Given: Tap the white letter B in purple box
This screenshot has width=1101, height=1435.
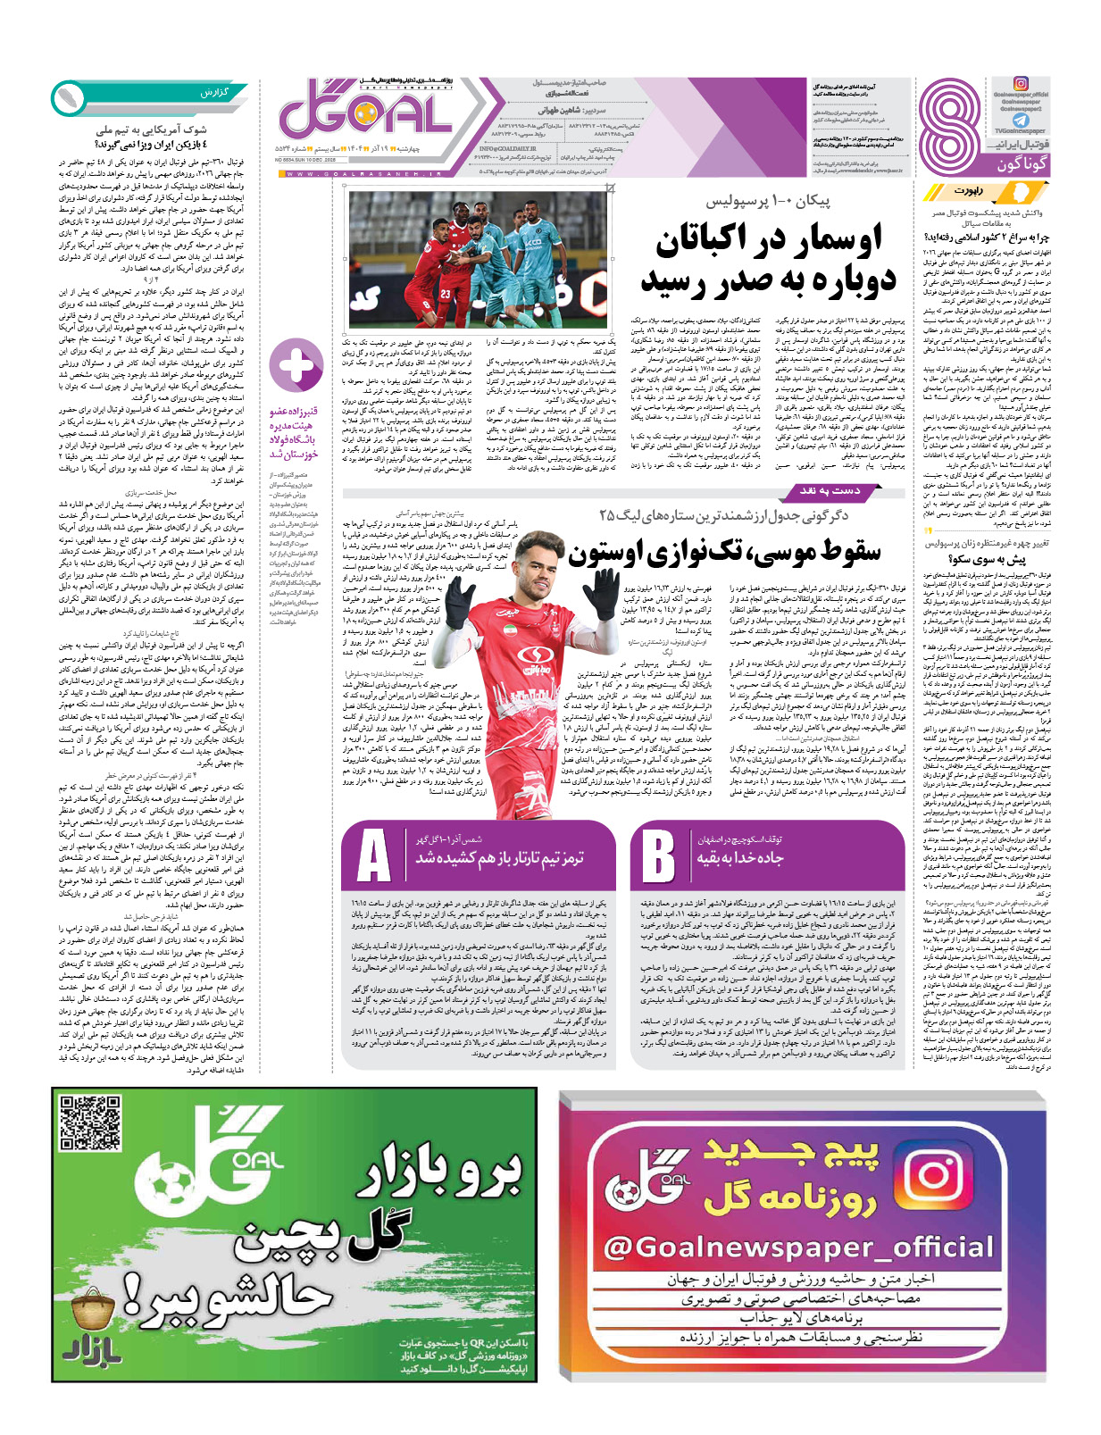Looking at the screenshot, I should click(x=658, y=856).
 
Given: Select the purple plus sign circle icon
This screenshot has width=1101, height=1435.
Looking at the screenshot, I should click(x=296, y=365).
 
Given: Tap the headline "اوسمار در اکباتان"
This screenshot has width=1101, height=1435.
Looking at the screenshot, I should click(x=769, y=239).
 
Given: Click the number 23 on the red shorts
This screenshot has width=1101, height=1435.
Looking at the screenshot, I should click(x=444, y=295).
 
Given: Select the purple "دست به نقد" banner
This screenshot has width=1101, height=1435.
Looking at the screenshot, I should click(x=830, y=490).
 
